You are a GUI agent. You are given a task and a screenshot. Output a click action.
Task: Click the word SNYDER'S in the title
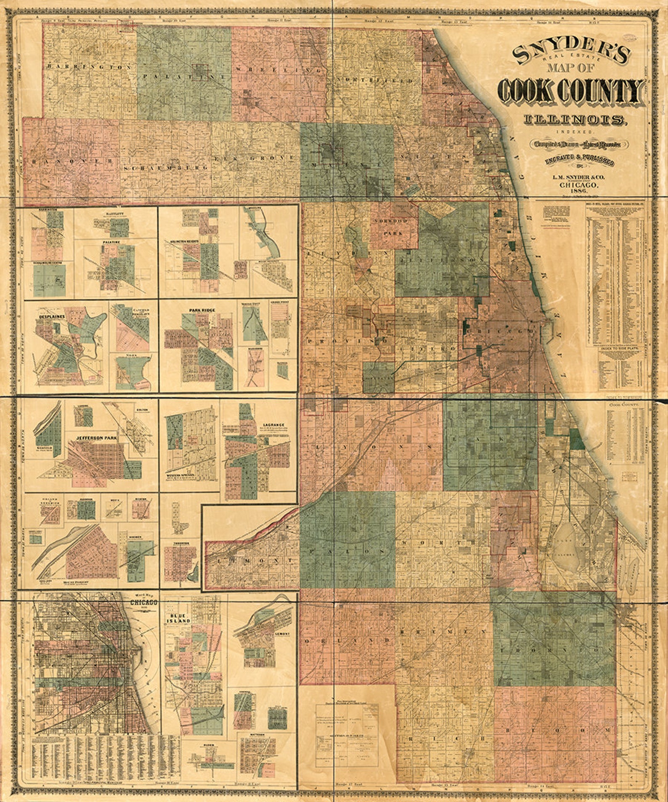[572, 53]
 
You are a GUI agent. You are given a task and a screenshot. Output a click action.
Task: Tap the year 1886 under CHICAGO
[576, 192]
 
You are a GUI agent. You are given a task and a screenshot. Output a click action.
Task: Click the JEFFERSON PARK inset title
[96, 438]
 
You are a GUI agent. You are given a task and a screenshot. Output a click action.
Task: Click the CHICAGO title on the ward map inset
[144, 603]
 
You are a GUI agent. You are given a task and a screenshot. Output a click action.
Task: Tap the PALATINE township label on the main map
[179, 77]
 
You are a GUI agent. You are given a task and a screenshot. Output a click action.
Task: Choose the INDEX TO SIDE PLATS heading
[621, 349]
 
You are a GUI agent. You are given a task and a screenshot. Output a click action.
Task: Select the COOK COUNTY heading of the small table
[624, 405]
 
